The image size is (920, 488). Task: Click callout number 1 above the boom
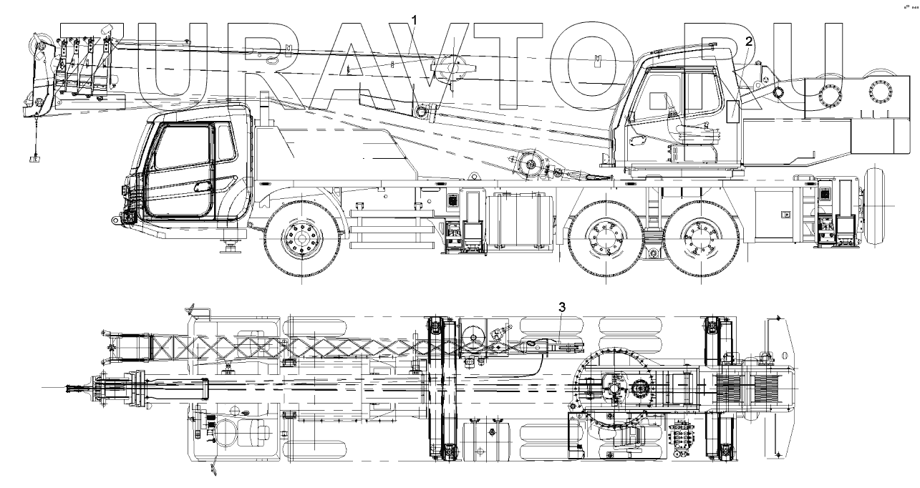tap(414, 16)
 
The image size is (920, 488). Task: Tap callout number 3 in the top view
tap(562, 307)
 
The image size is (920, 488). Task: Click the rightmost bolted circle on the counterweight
tap(877, 94)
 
